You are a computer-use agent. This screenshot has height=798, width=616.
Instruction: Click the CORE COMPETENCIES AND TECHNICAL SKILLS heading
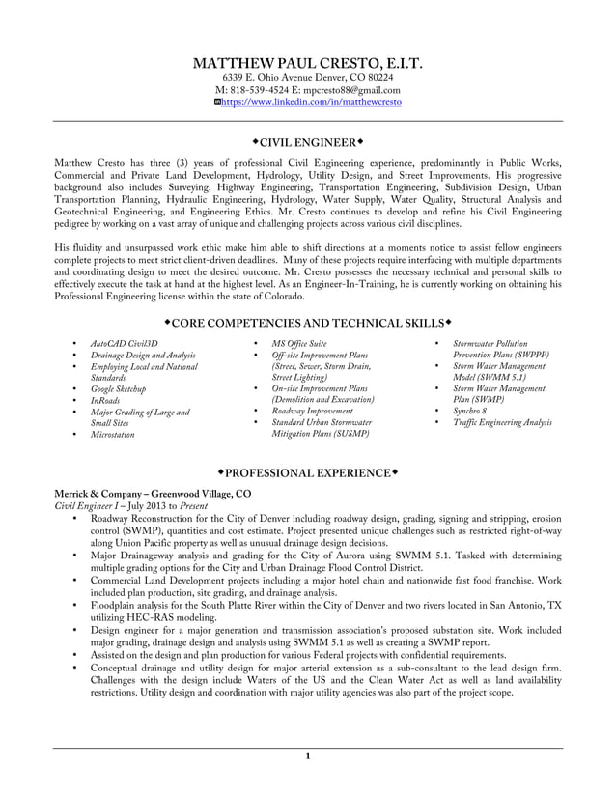(x=307, y=321)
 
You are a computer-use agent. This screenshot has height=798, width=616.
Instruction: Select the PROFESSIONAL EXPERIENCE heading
(x=307, y=472)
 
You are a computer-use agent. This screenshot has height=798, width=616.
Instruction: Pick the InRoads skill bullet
(x=105, y=401)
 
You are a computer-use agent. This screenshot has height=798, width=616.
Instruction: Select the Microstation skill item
(x=112, y=435)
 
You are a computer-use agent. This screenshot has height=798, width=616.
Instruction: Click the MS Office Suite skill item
(x=299, y=343)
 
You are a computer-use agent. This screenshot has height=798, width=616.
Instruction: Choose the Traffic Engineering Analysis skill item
(x=502, y=423)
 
